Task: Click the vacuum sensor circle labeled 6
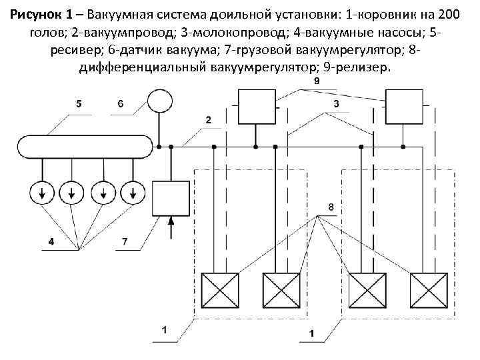pos(159,101)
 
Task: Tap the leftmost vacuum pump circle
pos(42,193)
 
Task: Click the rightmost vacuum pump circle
pos(135,193)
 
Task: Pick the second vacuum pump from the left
pos(72,193)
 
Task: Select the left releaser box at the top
pos(255,106)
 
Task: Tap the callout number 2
pos(209,120)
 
